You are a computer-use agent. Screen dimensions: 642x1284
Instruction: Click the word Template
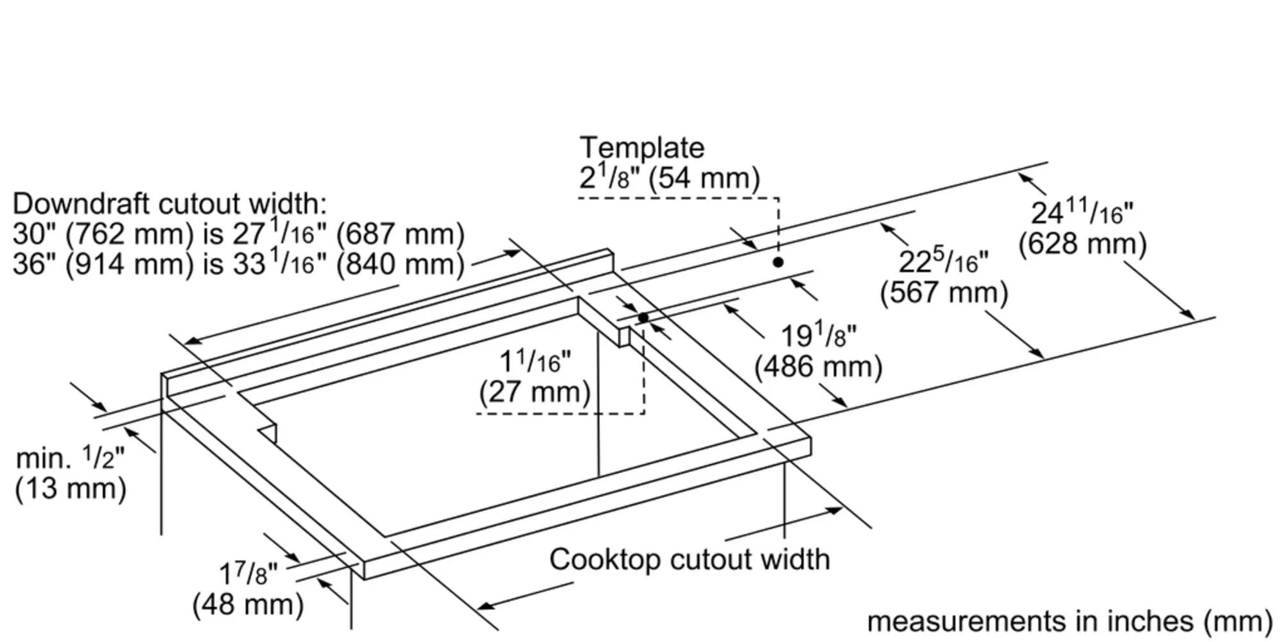(x=641, y=148)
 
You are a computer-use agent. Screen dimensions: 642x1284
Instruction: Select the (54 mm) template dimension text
(x=704, y=178)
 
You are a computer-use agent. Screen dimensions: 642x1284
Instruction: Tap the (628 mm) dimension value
(x=1082, y=245)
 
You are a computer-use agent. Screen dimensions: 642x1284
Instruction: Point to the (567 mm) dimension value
(x=944, y=293)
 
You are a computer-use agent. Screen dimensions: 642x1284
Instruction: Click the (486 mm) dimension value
(x=818, y=367)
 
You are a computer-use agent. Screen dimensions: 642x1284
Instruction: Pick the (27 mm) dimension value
(x=534, y=392)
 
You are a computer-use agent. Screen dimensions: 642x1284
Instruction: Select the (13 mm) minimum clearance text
(x=71, y=489)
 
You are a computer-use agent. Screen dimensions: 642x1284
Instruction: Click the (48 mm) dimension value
(x=248, y=605)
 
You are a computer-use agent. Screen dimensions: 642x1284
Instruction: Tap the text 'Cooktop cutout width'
(x=689, y=559)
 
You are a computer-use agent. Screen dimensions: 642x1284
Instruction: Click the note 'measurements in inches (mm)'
(x=1070, y=621)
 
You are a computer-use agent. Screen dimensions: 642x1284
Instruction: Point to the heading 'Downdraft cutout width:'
(x=169, y=204)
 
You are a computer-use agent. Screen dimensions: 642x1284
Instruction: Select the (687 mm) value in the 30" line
(x=400, y=234)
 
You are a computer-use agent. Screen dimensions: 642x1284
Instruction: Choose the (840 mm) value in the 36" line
(x=400, y=265)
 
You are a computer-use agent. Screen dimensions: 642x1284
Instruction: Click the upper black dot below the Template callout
(x=778, y=262)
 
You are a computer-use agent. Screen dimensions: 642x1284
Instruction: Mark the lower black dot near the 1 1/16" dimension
(x=643, y=318)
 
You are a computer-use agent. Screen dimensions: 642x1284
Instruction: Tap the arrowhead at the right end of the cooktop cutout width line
(x=835, y=510)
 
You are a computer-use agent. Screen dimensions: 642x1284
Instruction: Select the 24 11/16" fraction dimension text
(x=1082, y=212)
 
